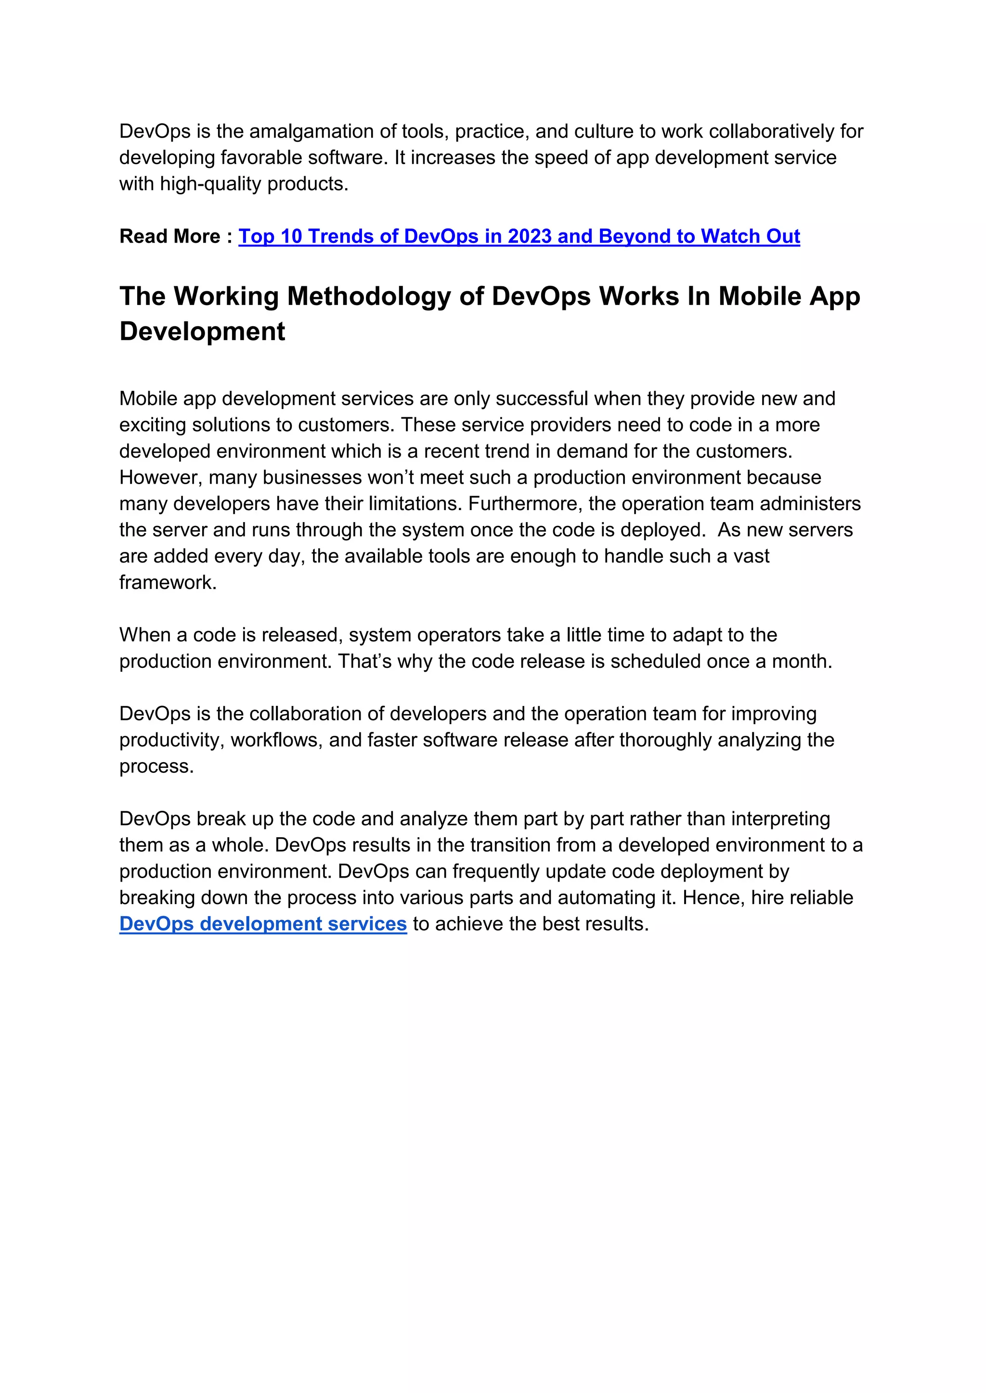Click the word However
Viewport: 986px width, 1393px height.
tap(160, 477)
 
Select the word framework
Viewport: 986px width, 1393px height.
tap(168, 582)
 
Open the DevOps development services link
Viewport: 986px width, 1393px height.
tap(263, 924)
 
